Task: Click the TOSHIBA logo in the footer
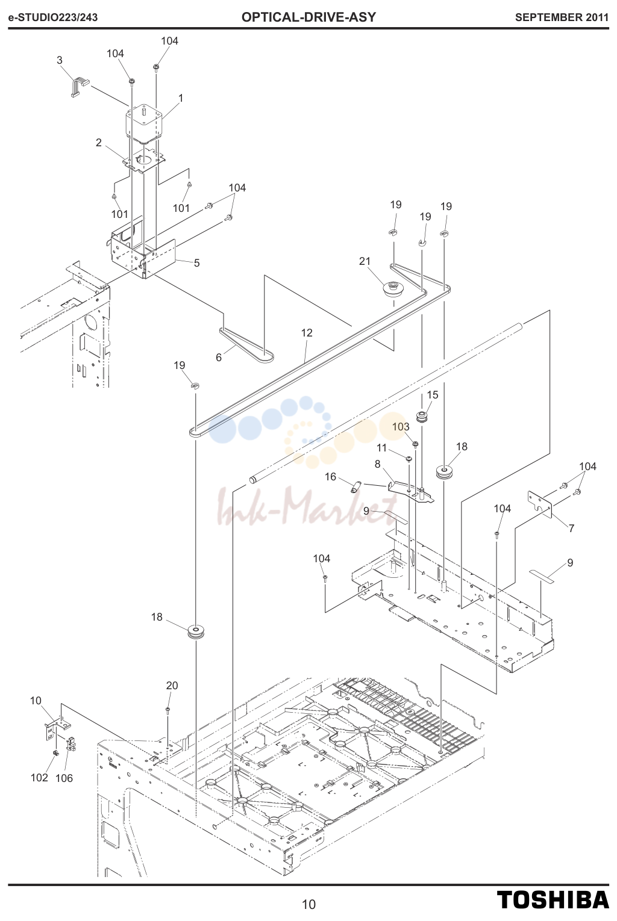pyautogui.click(x=553, y=899)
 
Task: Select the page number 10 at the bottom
pyautogui.click(x=308, y=905)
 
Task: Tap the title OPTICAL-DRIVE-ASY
pyautogui.click(x=308, y=17)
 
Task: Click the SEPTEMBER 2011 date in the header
pyautogui.click(x=562, y=17)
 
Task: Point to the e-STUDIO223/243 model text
pyautogui.click(x=53, y=17)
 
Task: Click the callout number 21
pyautogui.click(x=365, y=261)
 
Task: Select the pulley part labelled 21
pyautogui.click(x=391, y=290)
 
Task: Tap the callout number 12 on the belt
pyautogui.click(x=307, y=333)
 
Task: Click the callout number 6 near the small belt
pyautogui.click(x=219, y=358)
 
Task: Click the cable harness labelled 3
pyautogui.click(x=79, y=87)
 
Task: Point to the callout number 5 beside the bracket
pyautogui.click(x=197, y=262)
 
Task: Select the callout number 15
pyautogui.click(x=432, y=395)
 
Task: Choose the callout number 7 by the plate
pyautogui.click(x=571, y=529)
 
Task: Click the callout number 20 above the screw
pyautogui.click(x=172, y=686)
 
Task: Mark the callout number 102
pyautogui.click(x=40, y=778)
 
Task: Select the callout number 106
pyautogui.click(x=64, y=778)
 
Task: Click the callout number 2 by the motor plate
pyautogui.click(x=99, y=142)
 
